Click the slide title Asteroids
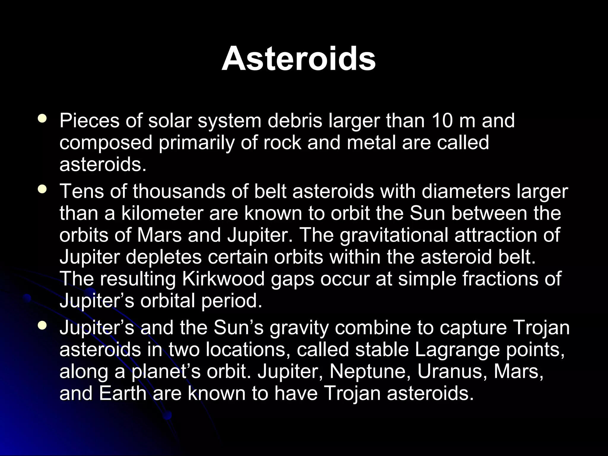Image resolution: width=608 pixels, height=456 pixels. pyautogui.click(x=299, y=58)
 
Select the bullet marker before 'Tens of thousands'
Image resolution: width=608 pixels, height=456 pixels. pyautogui.click(x=42, y=189)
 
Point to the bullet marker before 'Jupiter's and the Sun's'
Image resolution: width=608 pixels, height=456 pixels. pyautogui.click(x=42, y=326)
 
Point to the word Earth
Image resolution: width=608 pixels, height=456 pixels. pyautogui.click(x=123, y=393)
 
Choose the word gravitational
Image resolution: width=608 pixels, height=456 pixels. pyautogui.click(x=394, y=235)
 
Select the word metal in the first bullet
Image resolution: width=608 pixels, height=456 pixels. pyautogui.click(x=371, y=142)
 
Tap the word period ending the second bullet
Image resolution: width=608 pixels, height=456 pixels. pyautogui.click(x=232, y=300)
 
